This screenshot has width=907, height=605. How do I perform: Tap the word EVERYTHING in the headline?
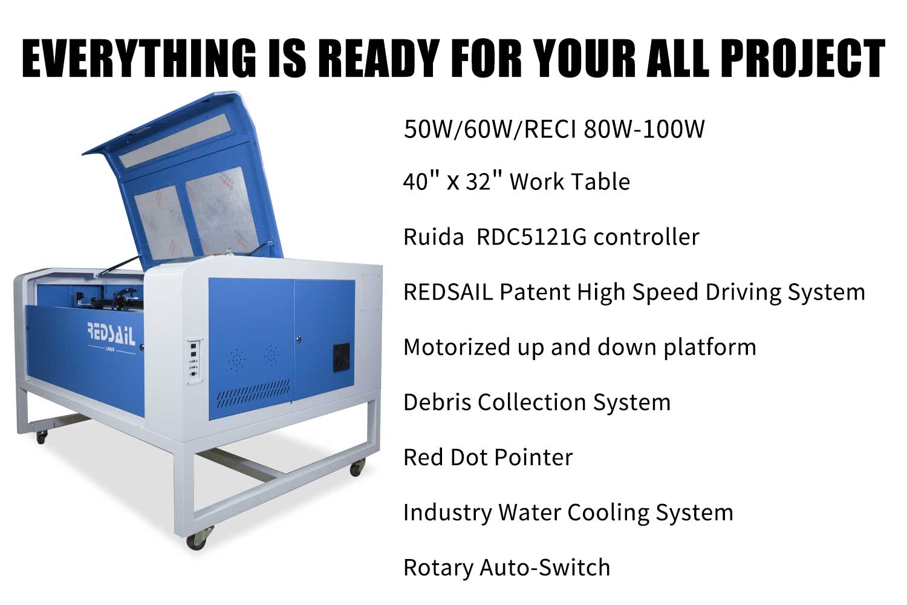click(139, 57)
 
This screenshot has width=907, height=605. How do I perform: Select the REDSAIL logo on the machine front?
click(111, 335)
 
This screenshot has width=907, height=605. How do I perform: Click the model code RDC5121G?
click(531, 237)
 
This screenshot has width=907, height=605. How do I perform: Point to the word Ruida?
click(434, 237)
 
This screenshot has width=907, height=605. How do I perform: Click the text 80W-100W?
click(645, 129)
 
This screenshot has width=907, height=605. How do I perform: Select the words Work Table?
click(570, 181)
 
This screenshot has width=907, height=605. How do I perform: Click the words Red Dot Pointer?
click(488, 457)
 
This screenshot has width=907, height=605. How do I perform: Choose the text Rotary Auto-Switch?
click(507, 567)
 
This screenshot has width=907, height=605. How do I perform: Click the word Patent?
click(535, 292)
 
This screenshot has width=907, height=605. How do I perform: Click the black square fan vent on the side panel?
click(342, 358)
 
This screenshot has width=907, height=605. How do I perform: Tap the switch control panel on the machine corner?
click(195, 361)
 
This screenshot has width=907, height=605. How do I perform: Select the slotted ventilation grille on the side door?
click(253, 394)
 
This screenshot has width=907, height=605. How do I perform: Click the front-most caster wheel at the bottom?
click(197, 539)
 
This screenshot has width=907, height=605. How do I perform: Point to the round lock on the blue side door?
click(299, 339)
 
